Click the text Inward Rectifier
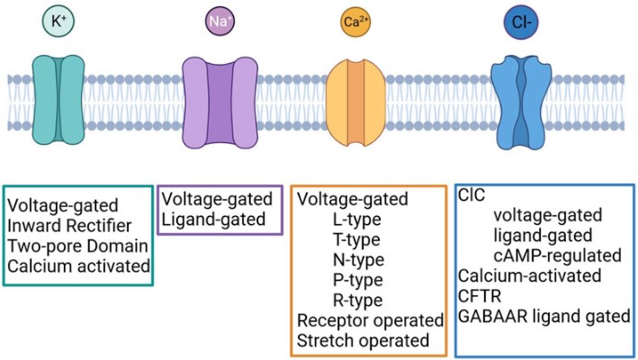[70, 224]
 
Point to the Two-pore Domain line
[72, 245]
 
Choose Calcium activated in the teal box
[79, 265]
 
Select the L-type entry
[355, 220]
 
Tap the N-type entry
[356, 259]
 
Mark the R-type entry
[356, 300]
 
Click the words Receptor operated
[370, 320]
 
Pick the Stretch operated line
[364, 340]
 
